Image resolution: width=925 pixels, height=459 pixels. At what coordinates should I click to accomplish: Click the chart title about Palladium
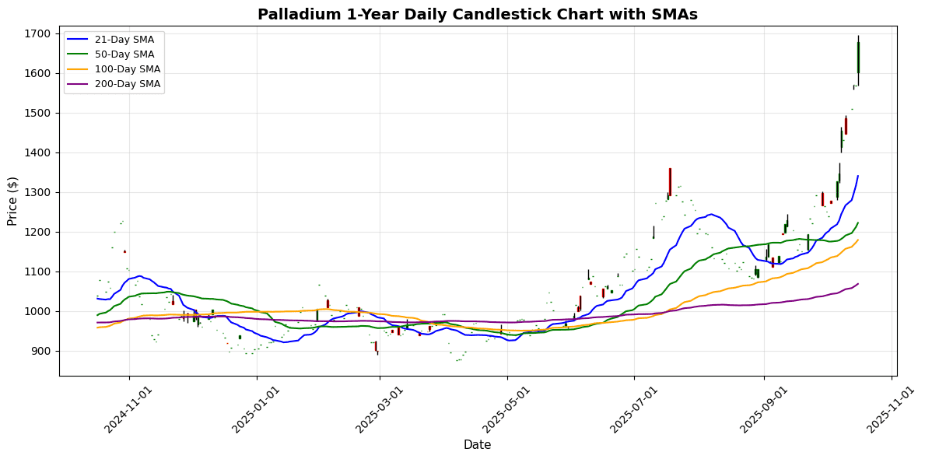[478, 15]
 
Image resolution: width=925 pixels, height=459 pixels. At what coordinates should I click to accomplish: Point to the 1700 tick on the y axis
[38, 34]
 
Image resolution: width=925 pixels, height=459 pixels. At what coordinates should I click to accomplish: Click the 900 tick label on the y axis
[41, 352]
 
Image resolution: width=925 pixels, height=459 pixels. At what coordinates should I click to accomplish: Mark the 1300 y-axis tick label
[38, 193]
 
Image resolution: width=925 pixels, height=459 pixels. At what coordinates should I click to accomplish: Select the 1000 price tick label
[38, 312]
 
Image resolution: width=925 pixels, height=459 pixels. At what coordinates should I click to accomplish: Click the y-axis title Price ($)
[12, 201]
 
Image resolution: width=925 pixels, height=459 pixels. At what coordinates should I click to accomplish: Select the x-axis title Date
[477, 445]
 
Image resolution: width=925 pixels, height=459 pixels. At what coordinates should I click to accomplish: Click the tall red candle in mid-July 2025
[670, 180]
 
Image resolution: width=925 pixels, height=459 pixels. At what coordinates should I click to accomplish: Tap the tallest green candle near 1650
[858, 58]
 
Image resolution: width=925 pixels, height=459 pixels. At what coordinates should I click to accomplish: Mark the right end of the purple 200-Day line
[858, 284]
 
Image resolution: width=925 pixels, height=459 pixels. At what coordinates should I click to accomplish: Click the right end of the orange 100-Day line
[858, 240]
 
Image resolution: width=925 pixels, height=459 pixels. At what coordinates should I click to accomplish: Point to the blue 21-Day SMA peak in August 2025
[710, 214]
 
